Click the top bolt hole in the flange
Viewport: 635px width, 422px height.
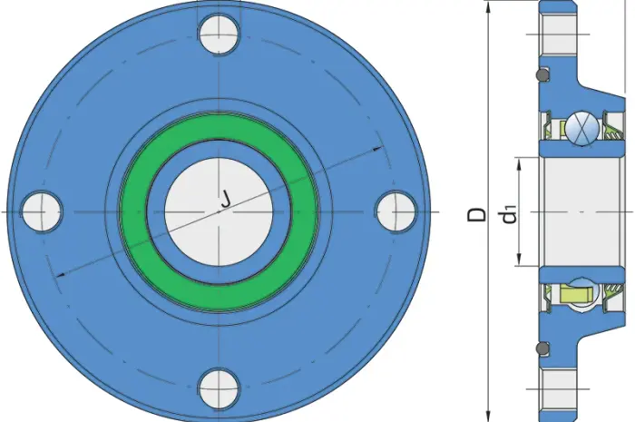coord(219,34)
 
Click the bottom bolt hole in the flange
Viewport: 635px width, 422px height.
coord(219,388)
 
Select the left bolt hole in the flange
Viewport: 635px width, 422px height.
coord(42,211)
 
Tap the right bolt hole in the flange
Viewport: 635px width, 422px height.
coord(396,211)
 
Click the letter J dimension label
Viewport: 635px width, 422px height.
coord(226,200)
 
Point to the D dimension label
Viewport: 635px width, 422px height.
coord(476,215)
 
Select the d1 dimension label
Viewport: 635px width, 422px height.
coord(510,215)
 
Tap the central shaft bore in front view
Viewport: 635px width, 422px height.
coord(219,211)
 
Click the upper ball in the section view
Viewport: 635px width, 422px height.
coord(582,129)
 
